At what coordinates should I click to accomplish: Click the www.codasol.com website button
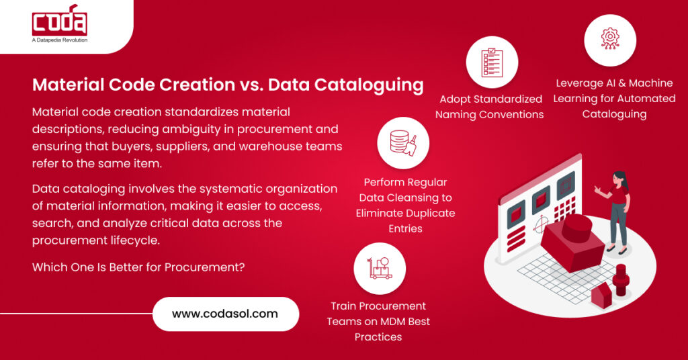[225, 314]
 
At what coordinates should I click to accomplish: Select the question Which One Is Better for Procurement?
[138, 267]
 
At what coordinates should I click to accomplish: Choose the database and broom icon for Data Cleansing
[404, 142]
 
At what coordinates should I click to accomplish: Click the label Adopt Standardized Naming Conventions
[490, 107]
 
